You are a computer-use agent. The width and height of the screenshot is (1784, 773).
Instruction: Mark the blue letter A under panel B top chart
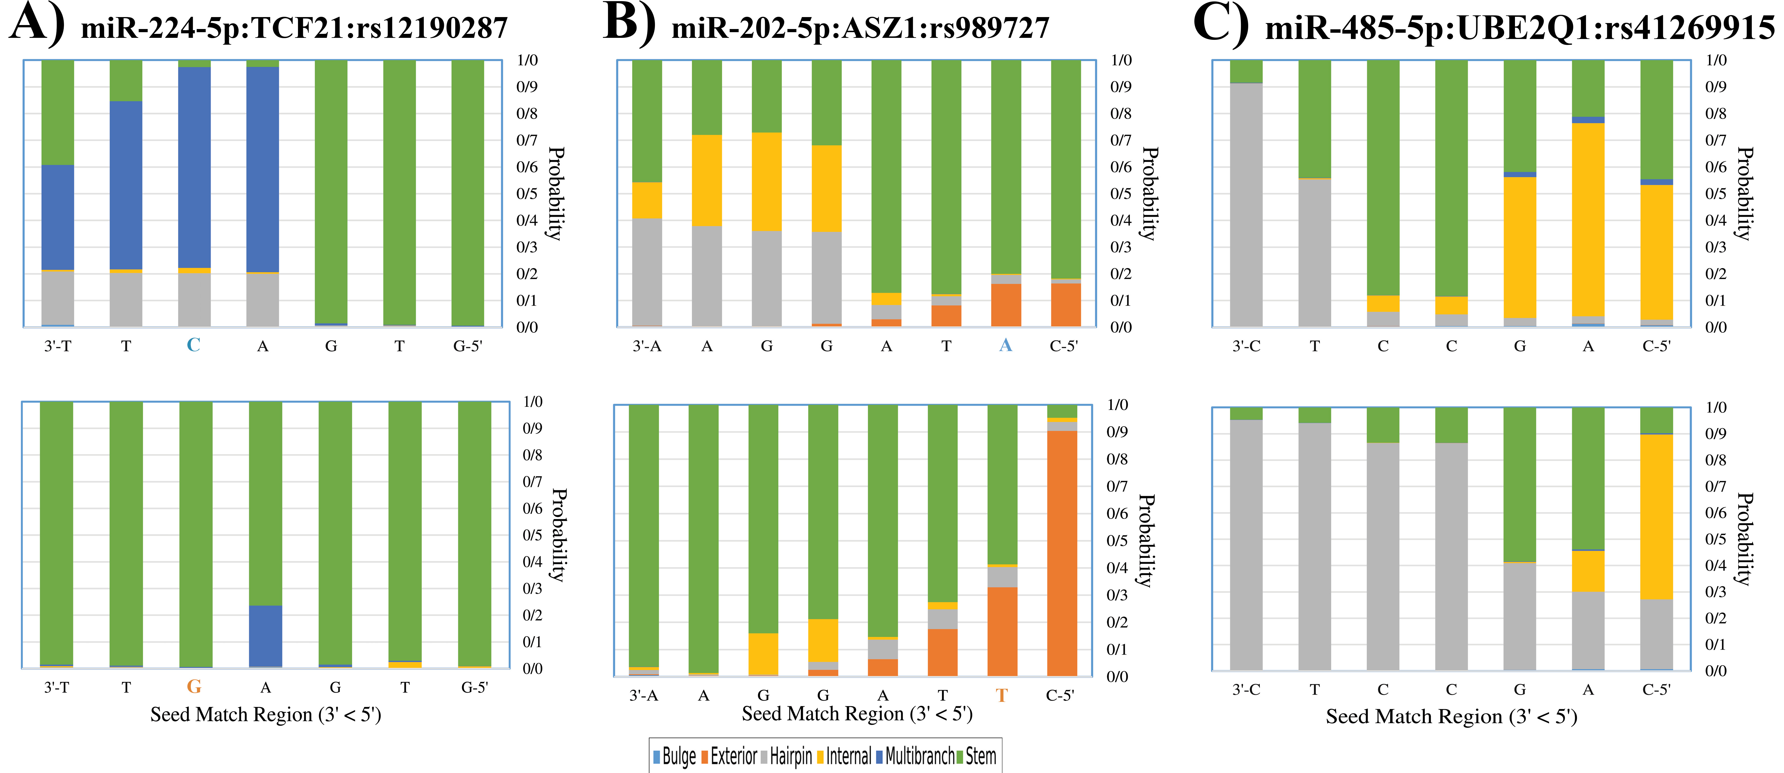click(x=1006, y=345)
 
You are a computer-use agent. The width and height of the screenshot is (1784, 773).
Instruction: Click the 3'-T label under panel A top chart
click(x=57, y=346)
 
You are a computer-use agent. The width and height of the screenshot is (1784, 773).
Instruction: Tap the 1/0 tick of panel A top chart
click(x=527, y=60)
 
